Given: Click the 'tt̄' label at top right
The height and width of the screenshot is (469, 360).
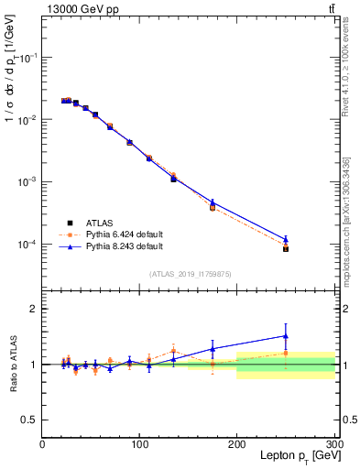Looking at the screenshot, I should click(329, 8).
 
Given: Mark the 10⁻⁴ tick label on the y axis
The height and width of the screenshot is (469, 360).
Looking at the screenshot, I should click(27, 245).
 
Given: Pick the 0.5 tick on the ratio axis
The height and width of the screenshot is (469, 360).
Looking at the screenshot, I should click(29, 420).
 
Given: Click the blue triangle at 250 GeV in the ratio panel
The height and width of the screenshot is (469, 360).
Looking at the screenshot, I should click(286, 335).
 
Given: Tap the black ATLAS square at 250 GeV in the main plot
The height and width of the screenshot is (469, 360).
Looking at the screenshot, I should click(286, 248).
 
